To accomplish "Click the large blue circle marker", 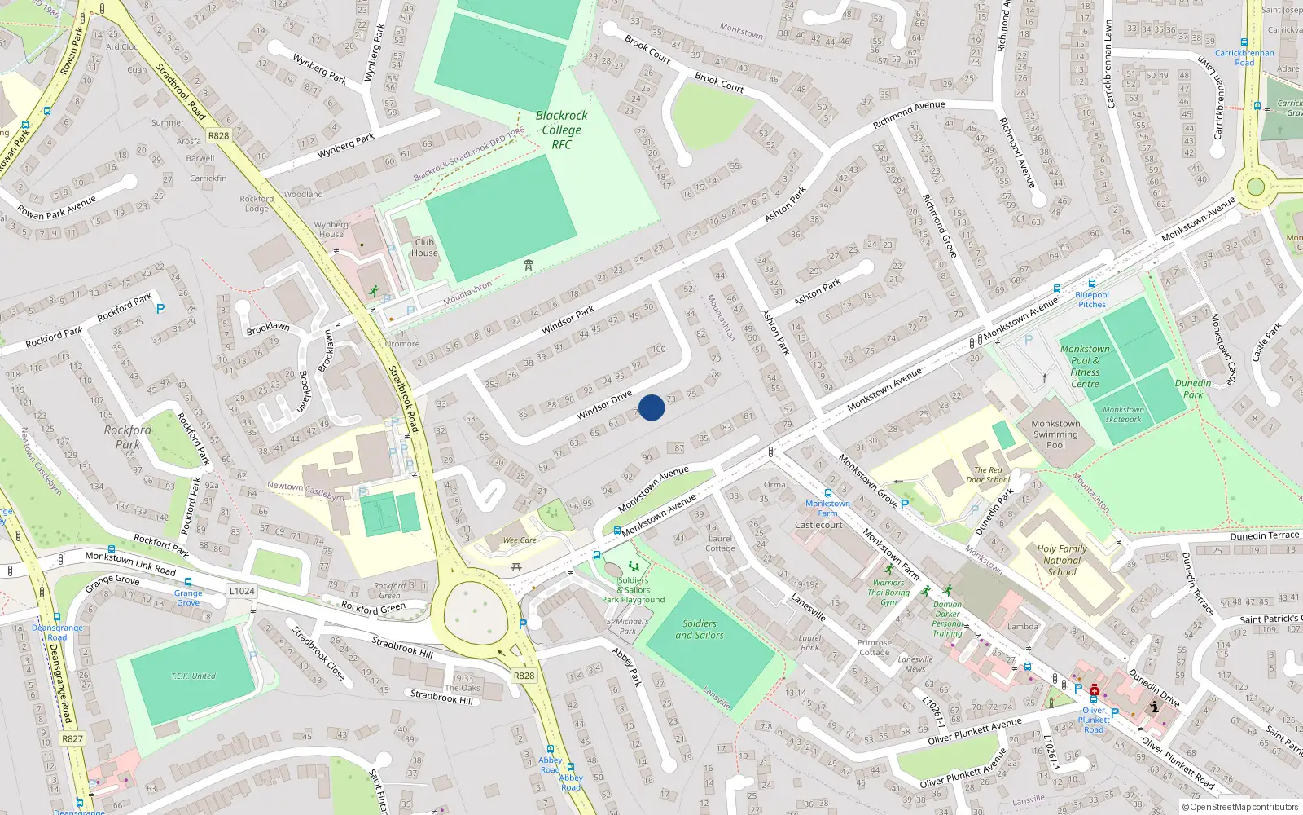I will (651, 407).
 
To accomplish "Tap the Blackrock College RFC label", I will (561, 130).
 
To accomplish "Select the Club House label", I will (424, 247).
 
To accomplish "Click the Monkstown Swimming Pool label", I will (1055, 434).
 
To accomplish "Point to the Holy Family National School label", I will (1062, 560).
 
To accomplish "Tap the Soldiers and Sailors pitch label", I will (700, 629).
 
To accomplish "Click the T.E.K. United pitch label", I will (193, 676).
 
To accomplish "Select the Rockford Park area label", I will (128, 437).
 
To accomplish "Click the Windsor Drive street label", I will (604, 405).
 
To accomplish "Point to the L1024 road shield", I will (242, 591).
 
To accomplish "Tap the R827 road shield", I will (72, 738).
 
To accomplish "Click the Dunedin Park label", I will (1193, 389).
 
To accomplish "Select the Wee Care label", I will (520, 540).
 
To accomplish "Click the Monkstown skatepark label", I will (1123, 415).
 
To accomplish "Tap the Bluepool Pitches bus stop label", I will (1092, 299).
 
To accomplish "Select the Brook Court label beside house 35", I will (648, 49).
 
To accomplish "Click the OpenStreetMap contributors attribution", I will (1240, 807).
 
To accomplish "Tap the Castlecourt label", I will (818, 525).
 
